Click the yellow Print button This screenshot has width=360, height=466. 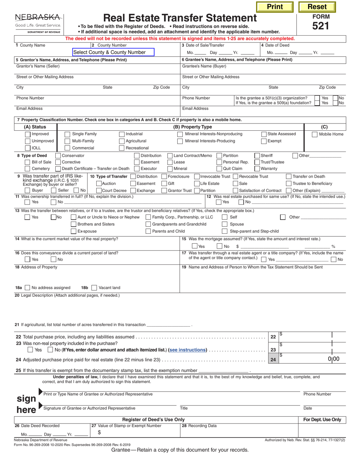pyautogui.click(x=275, y=6)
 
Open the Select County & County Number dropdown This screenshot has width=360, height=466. pyautogui.click(x=113, y=52)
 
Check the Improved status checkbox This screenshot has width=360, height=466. pyautogui.click(x=28, y=134)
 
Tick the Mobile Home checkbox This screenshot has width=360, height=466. pyautogui.click(x=315, y=134)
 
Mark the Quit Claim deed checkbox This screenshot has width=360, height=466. pyautogui.click(x=219, y=169)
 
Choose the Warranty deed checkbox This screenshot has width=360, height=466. pyautogui.click(x=257, y=169)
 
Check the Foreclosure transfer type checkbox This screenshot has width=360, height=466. pyautogui.click(x=164, y=176)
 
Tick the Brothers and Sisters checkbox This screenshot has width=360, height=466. pyautogui.click(x=74, y=224)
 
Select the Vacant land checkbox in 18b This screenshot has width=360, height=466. pyautogui.click(x=94, y=288)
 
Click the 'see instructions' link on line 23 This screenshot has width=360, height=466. pyautogui.click(x=188, y=350)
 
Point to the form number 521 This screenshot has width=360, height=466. pyautogui.click(x=321, y=26)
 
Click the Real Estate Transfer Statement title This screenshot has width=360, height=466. pyautogui.click(x=180, y=18)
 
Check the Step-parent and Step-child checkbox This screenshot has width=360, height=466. pyautogui.click(x=225, y=231)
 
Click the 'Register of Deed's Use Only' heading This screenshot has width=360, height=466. pyautogui.click(x=153, y=419)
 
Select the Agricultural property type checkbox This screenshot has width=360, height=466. pyautogui.click(x=122, y=141)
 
